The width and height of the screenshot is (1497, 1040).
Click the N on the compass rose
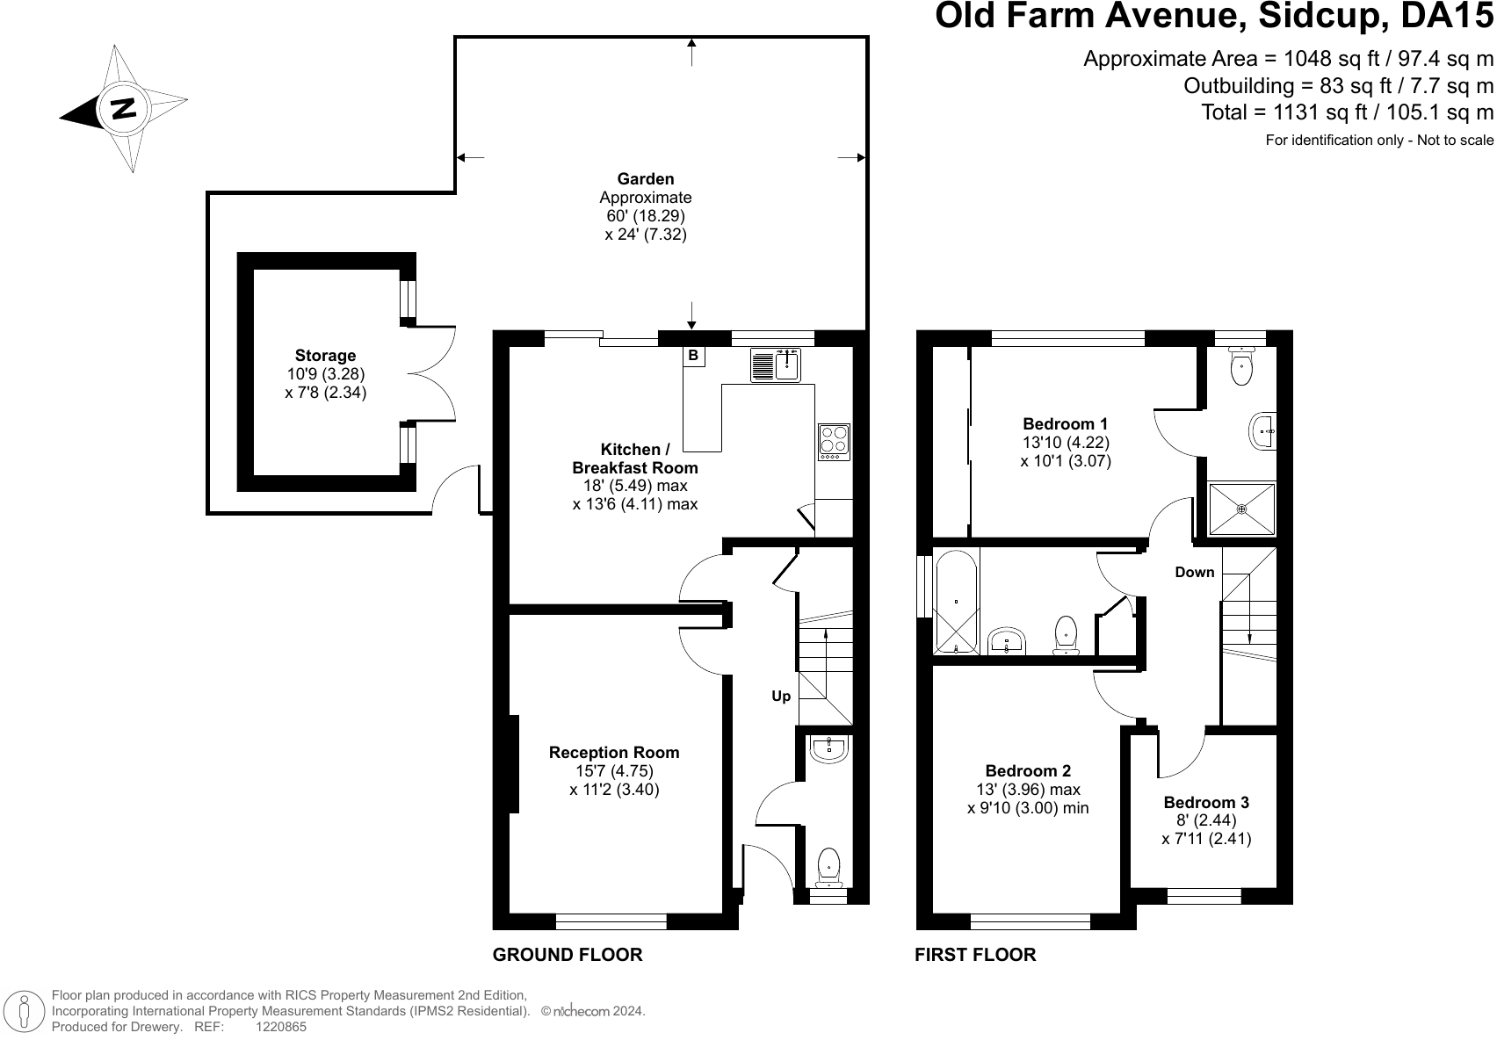(x=124, y=108)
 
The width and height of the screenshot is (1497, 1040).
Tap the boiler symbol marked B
(x=694, y=356)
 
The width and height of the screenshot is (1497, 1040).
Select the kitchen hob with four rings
(x=834, y=442)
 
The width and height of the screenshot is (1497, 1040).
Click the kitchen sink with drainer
(x=775, y=365)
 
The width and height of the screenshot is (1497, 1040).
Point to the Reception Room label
(x=614, y=753)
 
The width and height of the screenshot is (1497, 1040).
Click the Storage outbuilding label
(x=325, y=356)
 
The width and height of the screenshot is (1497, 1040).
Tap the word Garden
(x=646, y=178)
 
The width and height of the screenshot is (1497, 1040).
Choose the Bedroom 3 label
(x=1206, y=802)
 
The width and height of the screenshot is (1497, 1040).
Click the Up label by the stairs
(x=781, y=697)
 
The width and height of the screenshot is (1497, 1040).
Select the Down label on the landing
(x=1194, y=572)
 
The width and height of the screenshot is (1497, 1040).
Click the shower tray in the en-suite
(x=1241, y=509)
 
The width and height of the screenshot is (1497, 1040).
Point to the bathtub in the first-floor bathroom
(x=957, y=602)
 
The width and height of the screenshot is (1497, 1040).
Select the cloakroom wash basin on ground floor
(x=828, y=748)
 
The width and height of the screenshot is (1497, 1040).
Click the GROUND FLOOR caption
(x=568, y=955)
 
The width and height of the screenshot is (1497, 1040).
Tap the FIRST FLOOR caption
(x=975, y=955)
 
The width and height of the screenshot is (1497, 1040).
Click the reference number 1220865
(x=281, y=1027)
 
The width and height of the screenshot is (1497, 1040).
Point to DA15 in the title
(x=1446, y=16)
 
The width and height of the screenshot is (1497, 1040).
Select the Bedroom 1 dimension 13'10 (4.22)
(x=1066, y=443)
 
